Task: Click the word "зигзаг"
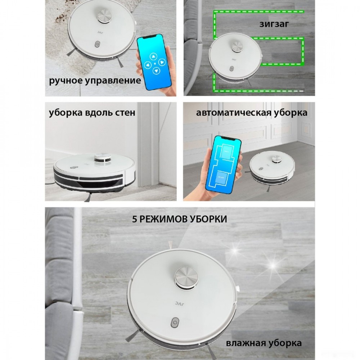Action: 274,24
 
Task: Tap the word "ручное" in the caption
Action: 66,81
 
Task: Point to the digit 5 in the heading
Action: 135,219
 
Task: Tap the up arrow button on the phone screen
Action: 153,57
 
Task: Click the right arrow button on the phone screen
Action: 162,62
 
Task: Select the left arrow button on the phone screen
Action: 147,65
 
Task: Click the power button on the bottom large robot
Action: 175,322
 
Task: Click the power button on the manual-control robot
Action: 98,44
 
